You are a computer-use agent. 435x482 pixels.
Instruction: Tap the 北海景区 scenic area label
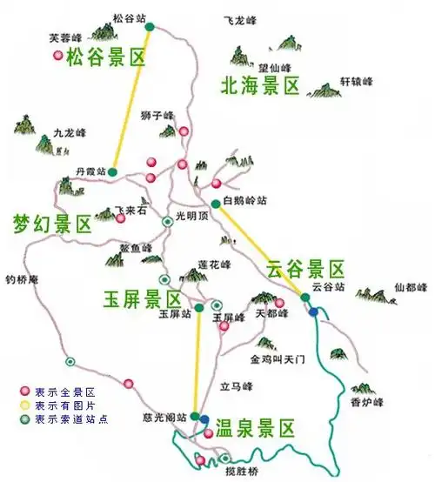point(259,85)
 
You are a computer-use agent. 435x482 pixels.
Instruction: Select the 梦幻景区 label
point(51,223)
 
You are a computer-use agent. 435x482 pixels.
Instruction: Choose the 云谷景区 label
point(305,268)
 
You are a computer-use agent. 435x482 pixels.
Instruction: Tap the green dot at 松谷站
point(150,27)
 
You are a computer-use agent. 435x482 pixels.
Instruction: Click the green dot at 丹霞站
point(113,171)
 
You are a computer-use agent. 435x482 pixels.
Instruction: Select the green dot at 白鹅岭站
point(216,204)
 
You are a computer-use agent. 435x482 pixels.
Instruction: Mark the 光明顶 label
point(192,216)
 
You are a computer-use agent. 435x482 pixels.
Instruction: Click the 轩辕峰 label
point(356,81)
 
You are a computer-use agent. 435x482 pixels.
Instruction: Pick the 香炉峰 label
point(367,401)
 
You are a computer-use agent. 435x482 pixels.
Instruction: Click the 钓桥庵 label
point(23,280)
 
